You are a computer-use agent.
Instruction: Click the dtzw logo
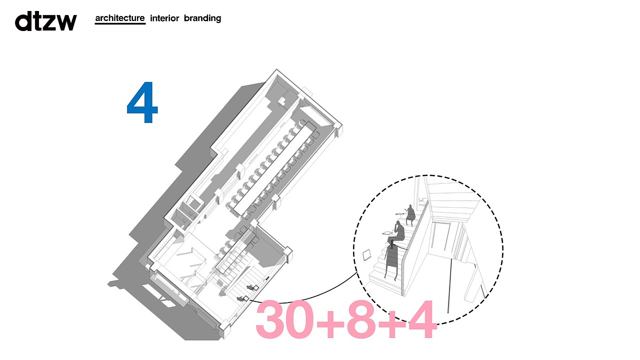45,21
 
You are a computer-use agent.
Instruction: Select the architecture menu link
120,18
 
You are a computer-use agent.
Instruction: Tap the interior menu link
164,18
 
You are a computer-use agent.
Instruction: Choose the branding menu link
202,18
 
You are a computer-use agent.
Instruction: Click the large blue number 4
142,102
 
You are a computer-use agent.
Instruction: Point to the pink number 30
284,319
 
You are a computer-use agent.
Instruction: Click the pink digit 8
361,319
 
